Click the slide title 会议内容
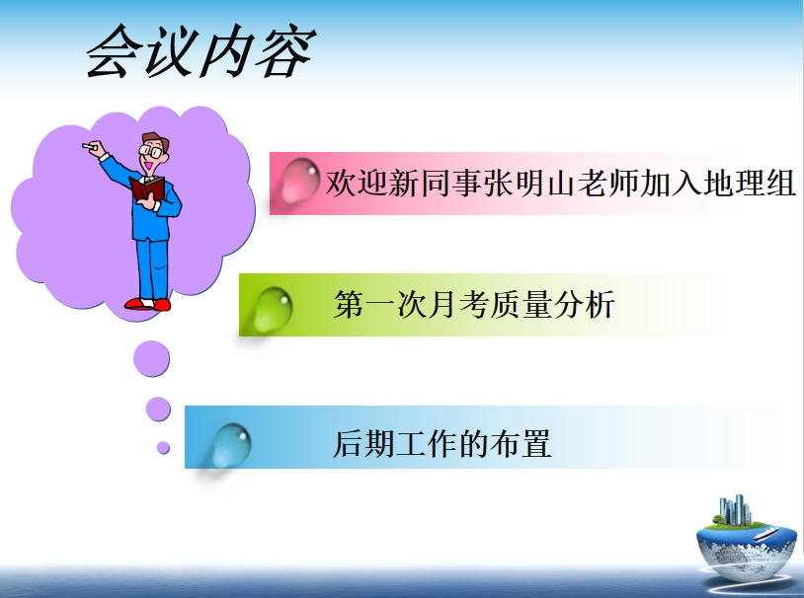(201, 51)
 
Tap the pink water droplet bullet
(300, 180)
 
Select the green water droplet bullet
(273, 309)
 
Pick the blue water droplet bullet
(231, 445)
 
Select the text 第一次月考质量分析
(474, 304)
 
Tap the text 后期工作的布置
(442, 444)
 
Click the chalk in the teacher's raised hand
(90, 147)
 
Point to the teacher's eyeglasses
(151, 151)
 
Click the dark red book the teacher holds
(147, 188)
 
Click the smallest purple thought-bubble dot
(163, 448)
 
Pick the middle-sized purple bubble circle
(158, 409)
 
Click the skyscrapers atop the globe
(735, 510)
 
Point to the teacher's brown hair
(156, 139)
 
